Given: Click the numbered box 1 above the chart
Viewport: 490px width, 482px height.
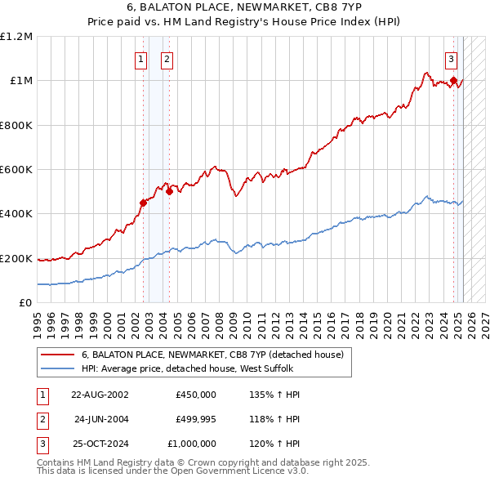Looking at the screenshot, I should [x=140, y=59].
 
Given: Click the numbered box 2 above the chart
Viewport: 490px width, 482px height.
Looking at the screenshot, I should [x=167, y=59].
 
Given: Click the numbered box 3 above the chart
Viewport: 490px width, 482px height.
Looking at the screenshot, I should [x=451, y=59].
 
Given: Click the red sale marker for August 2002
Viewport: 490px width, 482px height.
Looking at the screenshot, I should [x=143, y=203].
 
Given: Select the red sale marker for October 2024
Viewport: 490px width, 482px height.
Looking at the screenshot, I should [x=453, y=81].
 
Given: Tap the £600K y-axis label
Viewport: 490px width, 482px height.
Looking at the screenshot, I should [x=16, y=170].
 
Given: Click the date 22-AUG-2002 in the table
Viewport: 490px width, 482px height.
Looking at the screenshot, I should [x=100, y=395].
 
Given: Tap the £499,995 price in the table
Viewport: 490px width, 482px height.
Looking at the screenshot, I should [x=196, y=419].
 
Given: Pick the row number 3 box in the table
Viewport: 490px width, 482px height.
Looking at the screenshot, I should [x=42, y=444].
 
